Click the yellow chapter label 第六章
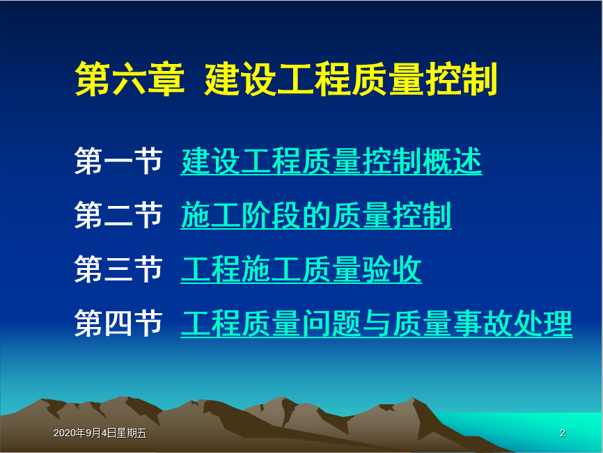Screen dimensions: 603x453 [x=130, y=79]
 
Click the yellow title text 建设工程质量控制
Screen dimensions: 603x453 [x=351, y=79]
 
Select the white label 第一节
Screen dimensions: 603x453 [x=118, y=161]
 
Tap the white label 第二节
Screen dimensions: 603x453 [x=118, y=215]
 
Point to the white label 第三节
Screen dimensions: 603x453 [x=118, y=269]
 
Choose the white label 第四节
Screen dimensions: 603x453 [x=118, y=324]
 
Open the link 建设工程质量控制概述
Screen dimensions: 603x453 [x=331, y=161]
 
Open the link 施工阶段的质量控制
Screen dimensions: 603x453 [x=316, y=216]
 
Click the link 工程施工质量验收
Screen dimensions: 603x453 [x=301, y=270]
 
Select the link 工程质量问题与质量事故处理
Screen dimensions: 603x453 [x=377, y=324]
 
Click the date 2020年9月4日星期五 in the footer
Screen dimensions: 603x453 [x=100, y=433]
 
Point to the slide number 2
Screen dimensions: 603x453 [x=563, y=433]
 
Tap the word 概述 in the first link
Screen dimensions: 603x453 [x=452, y=161]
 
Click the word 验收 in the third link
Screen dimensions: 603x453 [x=391, y=270]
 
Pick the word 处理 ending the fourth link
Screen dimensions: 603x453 [x=542, y=324]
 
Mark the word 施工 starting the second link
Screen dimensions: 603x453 [x=211, y=216]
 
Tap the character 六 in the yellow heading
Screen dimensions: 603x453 [x=130, y=79]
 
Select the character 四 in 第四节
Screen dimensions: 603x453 [x=118, y=324]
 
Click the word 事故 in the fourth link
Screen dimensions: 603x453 [x=483, y=324]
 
